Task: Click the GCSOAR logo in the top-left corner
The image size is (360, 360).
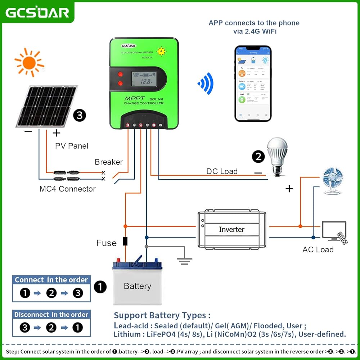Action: click(x=37, y=12)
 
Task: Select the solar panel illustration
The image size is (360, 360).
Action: click(x=46, y=107)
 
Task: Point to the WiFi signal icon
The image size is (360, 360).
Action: click(x=206, y=83)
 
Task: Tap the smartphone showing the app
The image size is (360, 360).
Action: click(x=253, y=83)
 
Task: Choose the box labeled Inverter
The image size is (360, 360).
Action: click(x=232, y=229)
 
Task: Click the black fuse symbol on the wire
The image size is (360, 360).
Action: click(x=125, y=241)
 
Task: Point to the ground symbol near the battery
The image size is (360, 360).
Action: click(x=184, y=260)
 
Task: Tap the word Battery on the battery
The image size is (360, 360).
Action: click(x=137, y=286)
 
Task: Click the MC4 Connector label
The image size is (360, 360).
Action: click(x=68, y=189)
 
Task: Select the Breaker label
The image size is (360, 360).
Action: click(x=109, y=162)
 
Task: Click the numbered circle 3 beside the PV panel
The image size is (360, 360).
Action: click(x=80, y=116)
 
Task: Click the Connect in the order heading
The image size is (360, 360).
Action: click(x=51, y=280)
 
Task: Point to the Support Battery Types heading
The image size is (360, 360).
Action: click(x=162, y=315)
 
